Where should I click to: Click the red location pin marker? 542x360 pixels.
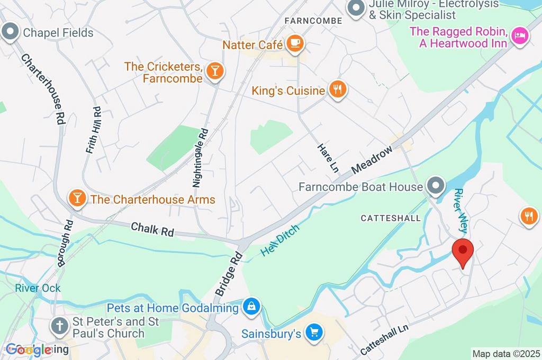pos(463,251)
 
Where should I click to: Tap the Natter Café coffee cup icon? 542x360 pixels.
pos(295,43)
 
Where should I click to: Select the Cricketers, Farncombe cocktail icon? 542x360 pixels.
pos(215,71)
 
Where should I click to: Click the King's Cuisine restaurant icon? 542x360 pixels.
pos(337,89)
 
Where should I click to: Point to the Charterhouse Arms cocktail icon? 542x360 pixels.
pos(77,199)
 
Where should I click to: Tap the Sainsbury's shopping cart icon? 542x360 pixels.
pos(315,332)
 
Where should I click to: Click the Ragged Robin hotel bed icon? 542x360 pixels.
pos(519,37)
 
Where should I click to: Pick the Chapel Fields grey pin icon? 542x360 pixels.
pos(10,32)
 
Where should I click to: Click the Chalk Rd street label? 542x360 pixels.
pos(152,229)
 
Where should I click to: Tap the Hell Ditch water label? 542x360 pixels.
pos(280,240)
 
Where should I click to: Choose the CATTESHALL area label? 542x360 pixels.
pos(391,218)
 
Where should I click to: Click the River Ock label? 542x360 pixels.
pos(38,288)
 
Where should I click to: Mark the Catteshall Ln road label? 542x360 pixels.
pos(385,339)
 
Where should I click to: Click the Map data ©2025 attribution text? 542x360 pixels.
pos(506,354)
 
